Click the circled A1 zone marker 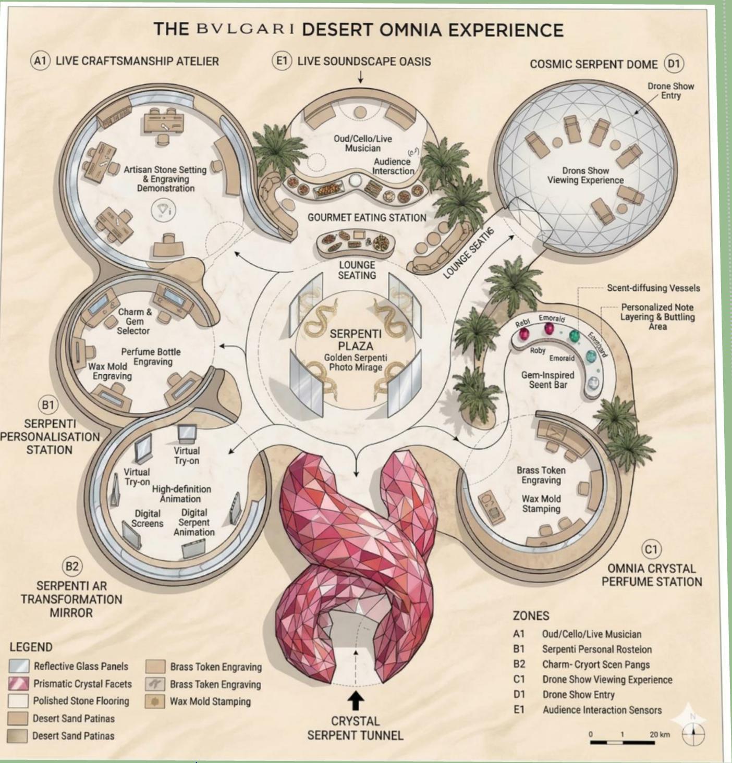point(40,60)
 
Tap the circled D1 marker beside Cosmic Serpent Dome point(674,64)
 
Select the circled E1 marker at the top point(282,60)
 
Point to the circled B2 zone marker point(72,566)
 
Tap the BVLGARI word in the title point(245,29)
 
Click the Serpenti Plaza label point(356,340)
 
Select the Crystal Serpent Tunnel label point(355,728)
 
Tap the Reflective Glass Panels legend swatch point(19,666)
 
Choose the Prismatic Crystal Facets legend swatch point(19,683)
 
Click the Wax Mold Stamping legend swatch point(155,701)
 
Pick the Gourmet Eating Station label point(367,217)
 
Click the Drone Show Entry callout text point(670,91)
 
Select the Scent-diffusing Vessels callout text point(653,288)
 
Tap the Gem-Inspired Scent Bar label point(547,379)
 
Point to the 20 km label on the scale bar point(659,734)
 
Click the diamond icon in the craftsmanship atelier point(163,210)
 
